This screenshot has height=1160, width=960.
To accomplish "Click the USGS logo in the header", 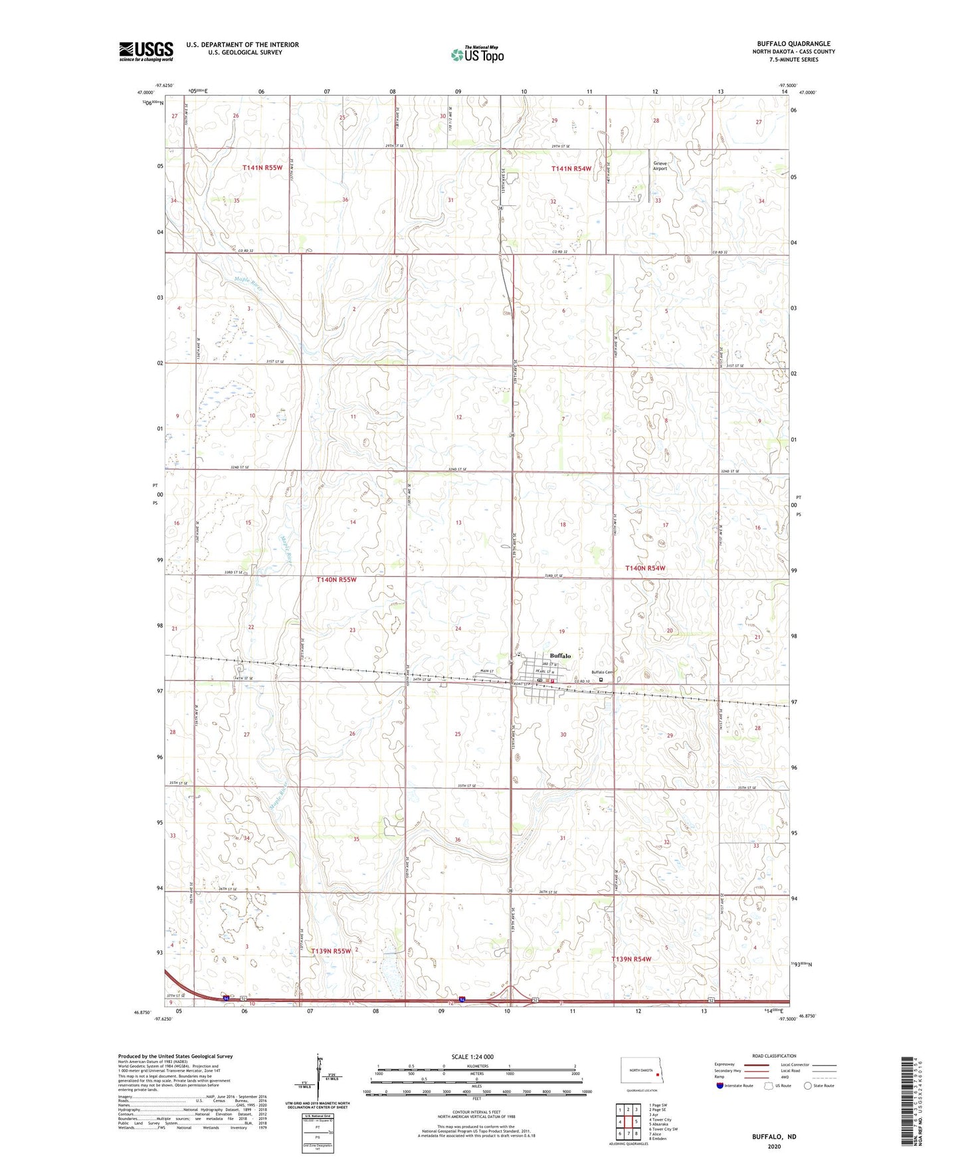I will click(145, 51).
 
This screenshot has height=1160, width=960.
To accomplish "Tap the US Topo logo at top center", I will click(477, 54).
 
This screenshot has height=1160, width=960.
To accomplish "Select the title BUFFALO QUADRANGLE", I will click(793, 44).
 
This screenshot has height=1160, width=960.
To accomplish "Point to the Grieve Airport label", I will click(659, 166).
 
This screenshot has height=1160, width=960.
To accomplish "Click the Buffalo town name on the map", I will click(560, 656).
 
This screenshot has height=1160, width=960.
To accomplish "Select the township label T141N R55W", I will click(267, 169).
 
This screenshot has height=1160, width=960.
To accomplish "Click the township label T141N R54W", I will click(571, 169).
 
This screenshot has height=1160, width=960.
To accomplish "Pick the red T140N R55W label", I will click(336, 579).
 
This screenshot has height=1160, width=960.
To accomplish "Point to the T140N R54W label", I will click(645, 568).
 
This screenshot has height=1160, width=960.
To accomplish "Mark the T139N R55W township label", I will click(330, 951).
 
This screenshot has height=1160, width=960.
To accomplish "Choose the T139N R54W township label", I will click(631, 959).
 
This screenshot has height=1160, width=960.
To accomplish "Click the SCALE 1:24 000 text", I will click(472, 1056).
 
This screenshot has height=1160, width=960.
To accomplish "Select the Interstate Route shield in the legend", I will click(720, 1086).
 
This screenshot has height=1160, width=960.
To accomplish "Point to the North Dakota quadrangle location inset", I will click(642, 1072).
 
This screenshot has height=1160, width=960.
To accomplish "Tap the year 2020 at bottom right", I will click(774, 1146).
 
